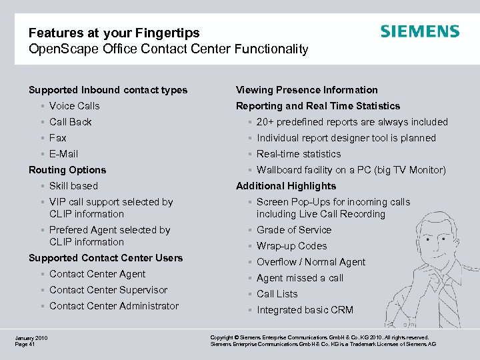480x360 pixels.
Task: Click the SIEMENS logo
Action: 419,31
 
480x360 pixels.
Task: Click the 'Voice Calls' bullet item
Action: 74,106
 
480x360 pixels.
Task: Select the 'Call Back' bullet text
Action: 70,122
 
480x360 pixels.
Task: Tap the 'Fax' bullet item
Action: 58,138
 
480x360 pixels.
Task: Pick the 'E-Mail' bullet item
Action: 63,154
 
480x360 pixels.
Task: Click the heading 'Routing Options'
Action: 67,170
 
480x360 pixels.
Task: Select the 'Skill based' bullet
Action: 73,186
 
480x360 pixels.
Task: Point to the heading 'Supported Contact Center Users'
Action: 105,258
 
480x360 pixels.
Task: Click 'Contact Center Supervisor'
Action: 108,290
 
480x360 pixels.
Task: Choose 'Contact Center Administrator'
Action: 114,306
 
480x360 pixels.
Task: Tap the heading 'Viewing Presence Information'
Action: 307,90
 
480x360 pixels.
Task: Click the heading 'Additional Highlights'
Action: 286,186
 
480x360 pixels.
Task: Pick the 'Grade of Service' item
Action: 294,230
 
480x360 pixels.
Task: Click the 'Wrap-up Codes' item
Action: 292,246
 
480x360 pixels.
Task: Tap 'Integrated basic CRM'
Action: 305,310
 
